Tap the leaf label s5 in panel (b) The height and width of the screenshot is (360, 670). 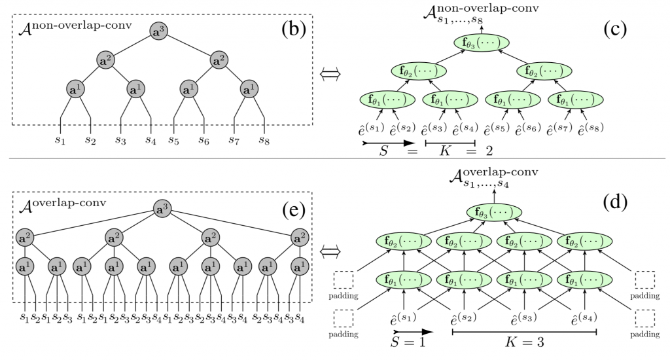173,139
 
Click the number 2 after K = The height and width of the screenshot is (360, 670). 488,151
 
